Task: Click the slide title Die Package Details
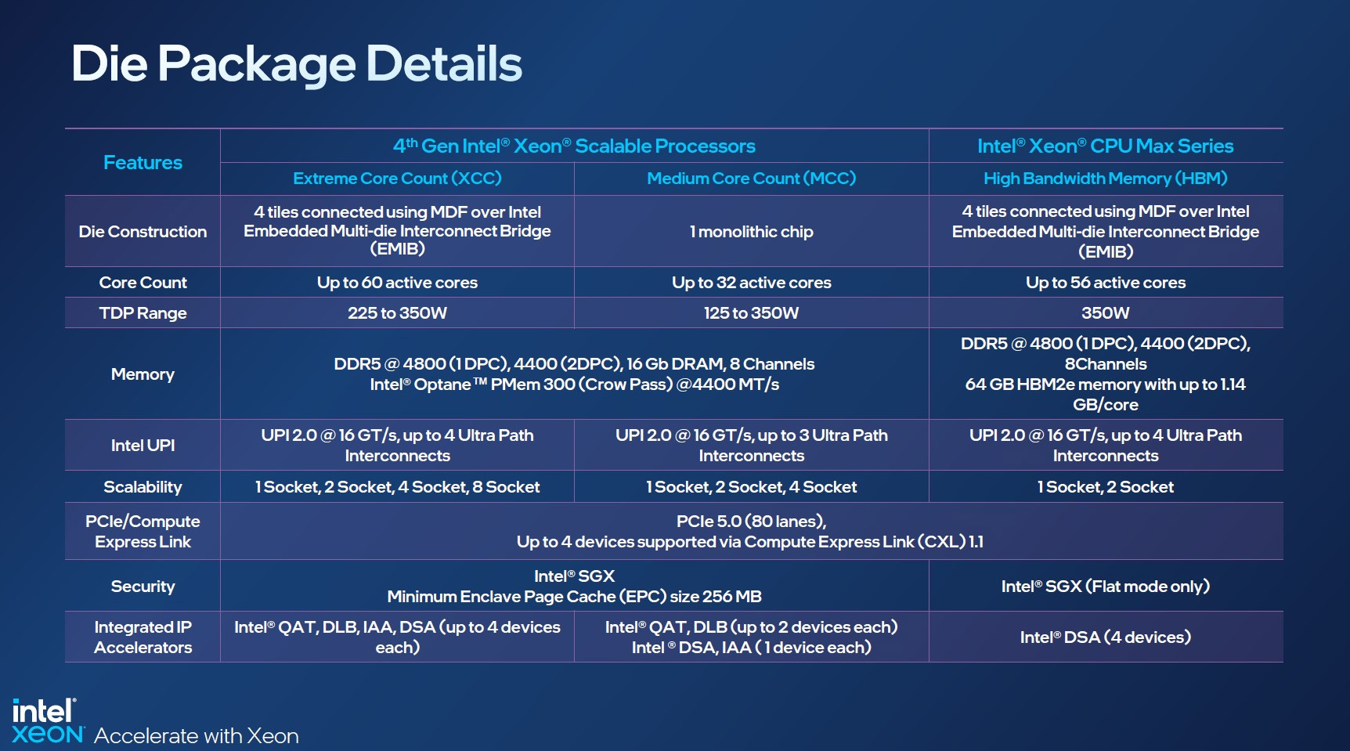296,64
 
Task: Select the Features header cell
143,162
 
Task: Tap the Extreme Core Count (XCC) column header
397,179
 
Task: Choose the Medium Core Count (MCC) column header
751,179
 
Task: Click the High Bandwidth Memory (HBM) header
1105,179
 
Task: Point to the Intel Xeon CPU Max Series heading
1105,146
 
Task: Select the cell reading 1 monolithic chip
751,232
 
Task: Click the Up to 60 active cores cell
397,283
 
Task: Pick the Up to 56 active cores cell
1105,283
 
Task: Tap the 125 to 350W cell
751,313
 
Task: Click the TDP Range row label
143,313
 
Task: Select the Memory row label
143,374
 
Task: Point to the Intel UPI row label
143,446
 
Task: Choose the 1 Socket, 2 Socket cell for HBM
1105,487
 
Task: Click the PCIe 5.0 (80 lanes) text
751,522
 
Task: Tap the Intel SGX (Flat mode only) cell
1105,587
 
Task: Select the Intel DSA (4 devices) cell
1105,637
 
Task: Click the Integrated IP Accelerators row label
143,637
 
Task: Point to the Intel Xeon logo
47,720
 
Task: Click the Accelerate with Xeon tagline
197,736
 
